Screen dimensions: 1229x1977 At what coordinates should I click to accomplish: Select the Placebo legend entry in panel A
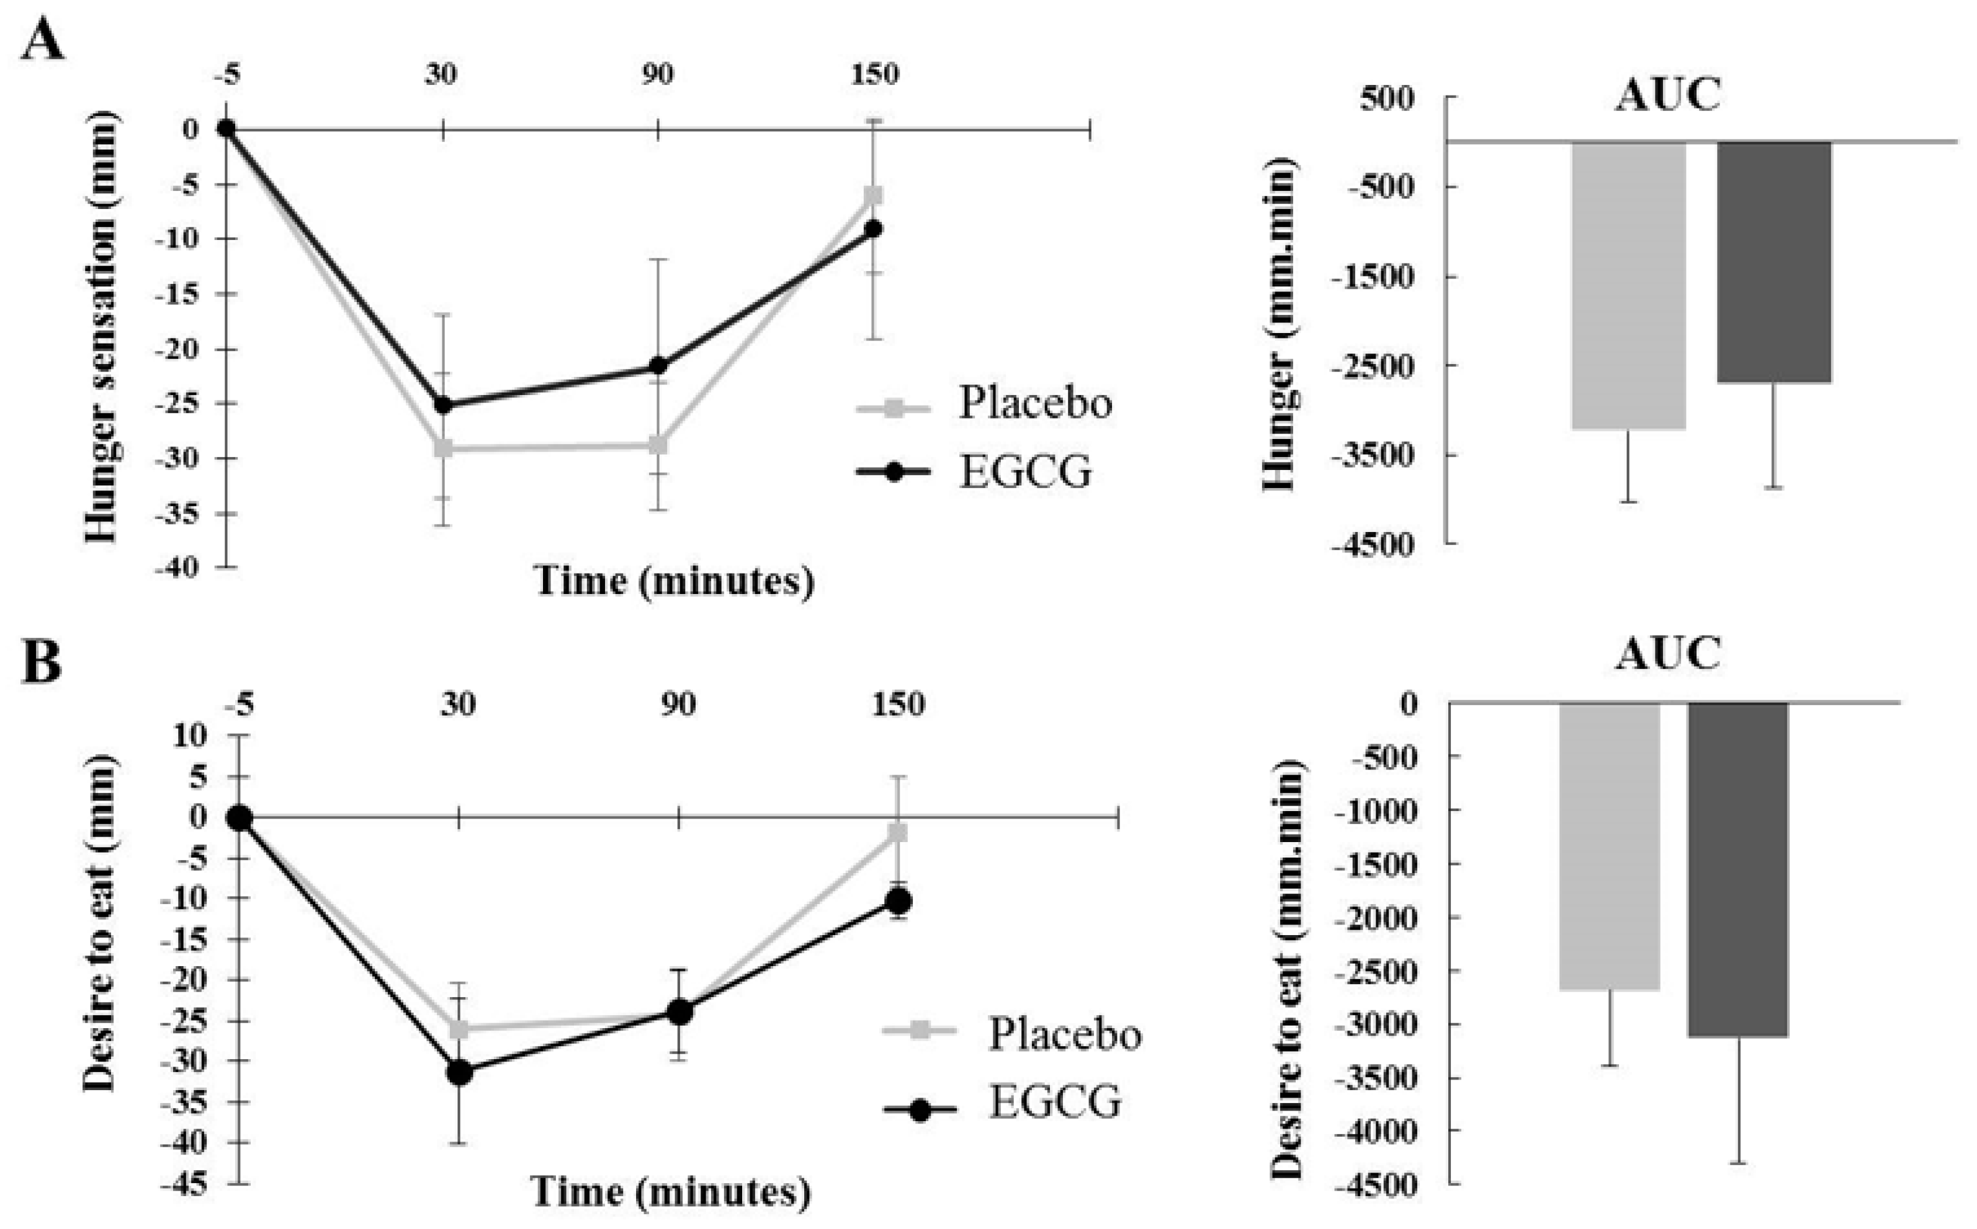point(1033,402)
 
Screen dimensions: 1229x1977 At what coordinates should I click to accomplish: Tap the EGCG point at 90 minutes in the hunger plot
point(658,366)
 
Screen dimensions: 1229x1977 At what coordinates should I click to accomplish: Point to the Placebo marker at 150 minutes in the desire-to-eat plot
point(897,832)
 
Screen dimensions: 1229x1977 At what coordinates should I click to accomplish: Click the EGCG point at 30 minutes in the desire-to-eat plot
point(459,1072)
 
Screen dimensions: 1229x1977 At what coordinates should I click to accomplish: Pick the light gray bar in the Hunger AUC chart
point(1628,285)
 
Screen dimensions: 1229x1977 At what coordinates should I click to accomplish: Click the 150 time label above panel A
point(875,75)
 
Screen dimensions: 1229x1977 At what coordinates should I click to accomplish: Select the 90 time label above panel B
point(678,704)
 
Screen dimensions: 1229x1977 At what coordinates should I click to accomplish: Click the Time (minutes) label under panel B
point(671,1192)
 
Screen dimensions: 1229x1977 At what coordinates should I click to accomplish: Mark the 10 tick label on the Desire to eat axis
point(191,735)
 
